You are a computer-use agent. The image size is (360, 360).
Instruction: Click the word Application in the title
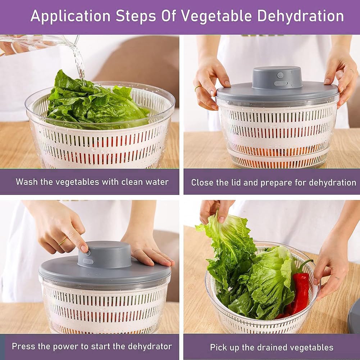click(70, 17)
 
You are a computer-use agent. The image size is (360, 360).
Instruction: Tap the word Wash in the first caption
click(26, 182)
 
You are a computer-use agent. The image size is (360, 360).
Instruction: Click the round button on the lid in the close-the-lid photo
click(280, 75)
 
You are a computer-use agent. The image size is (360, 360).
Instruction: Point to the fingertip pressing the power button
click(84, 249)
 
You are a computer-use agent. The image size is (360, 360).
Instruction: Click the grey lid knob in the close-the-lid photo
click(277, 78)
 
